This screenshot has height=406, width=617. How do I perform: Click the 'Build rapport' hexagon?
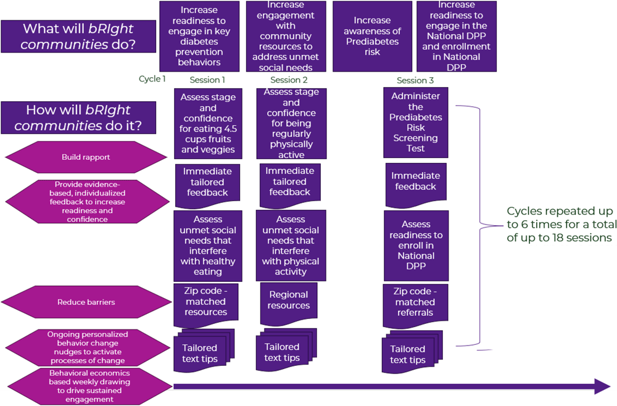[86, 157]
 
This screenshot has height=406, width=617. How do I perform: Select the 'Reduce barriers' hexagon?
[86, 302]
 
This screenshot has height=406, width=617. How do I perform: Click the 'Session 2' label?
[289, 80]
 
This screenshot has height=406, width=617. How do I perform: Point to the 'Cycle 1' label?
[152, 79]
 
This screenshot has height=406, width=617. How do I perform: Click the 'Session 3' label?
[415, 81]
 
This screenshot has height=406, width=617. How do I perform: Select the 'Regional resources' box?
[289, 301]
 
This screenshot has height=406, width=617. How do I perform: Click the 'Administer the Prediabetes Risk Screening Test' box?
[415, 122]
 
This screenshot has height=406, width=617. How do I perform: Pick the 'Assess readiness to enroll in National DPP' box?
[415, 245]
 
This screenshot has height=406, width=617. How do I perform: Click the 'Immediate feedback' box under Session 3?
[415, 182]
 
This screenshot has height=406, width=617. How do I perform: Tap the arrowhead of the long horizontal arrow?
[601, 387]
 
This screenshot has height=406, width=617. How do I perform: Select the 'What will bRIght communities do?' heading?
[78, 36]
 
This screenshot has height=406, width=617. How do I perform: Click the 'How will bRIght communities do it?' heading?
[78, 117]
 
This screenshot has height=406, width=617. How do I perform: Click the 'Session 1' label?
[207, 80]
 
